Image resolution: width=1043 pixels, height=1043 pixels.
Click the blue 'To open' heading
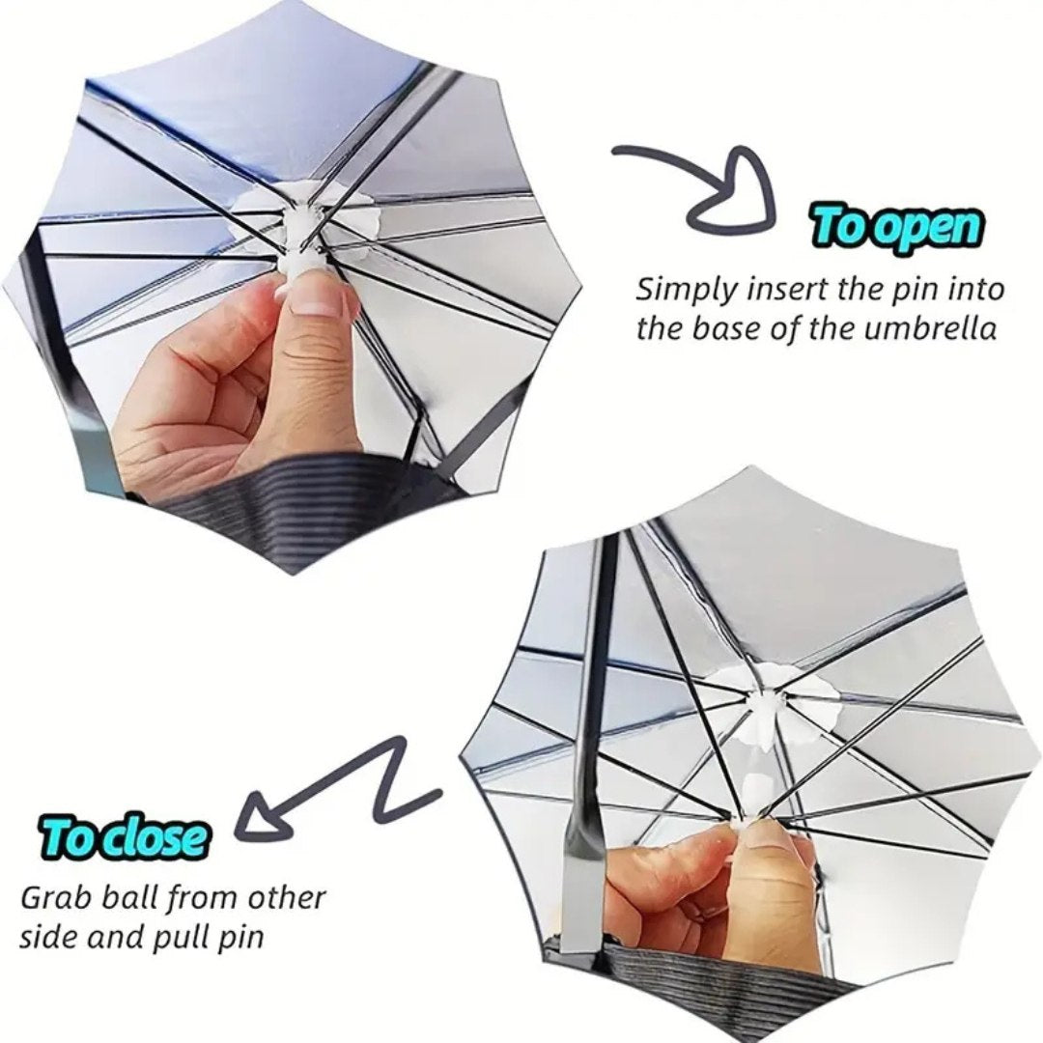pos(897,228)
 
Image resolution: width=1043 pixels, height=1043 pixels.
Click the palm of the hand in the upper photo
pos(193,406)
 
